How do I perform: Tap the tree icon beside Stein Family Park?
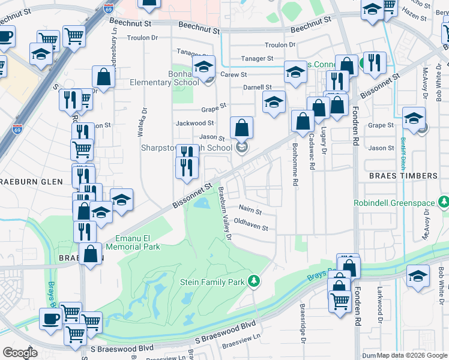pyautogui.click(x=254, y=280)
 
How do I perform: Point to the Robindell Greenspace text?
pyautogui.click(x=393, y=203)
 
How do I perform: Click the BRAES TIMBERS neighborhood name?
pyautogui.click(x=403, y=176)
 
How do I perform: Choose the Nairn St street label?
pyautogui.click(x=250, y=211)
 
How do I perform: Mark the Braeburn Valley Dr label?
pyautogui.click(x=224, y=213)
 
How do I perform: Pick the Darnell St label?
pyautogui.click(x=258, y=88)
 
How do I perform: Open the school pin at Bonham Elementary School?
pyautogui.click(x=203, y=67)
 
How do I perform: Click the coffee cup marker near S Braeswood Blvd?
pyautogui.click(x=50, y=318)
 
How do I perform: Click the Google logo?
pyautogui.click(x=20, y=353)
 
